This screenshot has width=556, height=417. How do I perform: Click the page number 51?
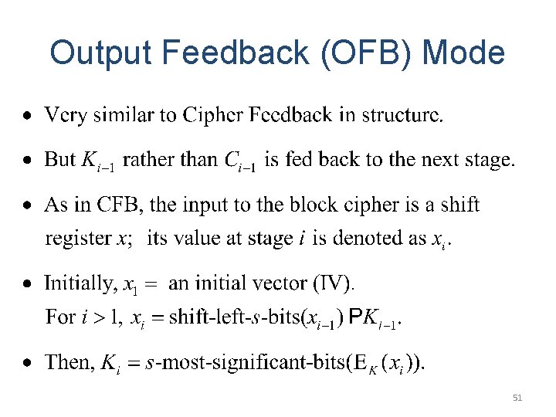(x=517, y=398)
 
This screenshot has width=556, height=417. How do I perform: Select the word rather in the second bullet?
(x=147, y=160)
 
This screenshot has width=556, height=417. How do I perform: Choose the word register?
(x=79, y=239)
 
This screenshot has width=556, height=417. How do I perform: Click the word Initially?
(x=79, y=283)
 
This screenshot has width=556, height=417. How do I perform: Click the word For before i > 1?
(x=60, y=317)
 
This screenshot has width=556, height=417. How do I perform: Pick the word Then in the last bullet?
(x=68, y=362)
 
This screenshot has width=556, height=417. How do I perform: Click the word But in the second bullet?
(x=60, y=160)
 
